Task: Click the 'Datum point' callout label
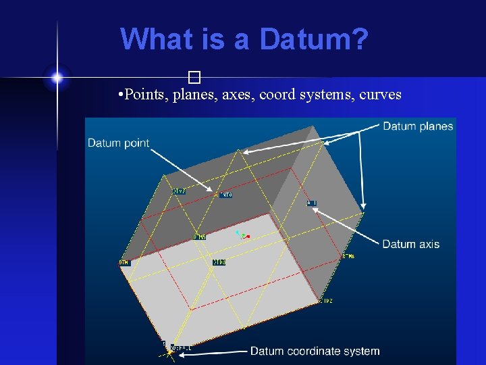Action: (x=118, y=143)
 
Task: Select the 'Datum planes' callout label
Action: (x=418, y=126)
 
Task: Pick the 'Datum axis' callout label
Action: (x=410, y=244)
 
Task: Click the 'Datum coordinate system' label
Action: (x=315, y=351)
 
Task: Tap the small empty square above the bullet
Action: (x=195, y=76)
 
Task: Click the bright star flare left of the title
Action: (x=57, y=78)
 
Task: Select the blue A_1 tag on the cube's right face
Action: (x=312, y=203)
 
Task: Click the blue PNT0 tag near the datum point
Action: (x=224, y=195)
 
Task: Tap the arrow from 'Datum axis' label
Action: (x=348, y=227)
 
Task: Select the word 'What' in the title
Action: (x=157, y=39)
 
